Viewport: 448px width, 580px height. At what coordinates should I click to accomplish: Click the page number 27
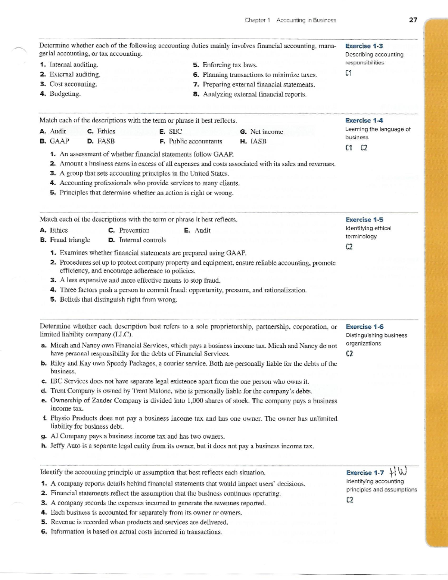tap(413, 20)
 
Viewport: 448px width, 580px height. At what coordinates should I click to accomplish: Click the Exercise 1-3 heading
tap(364, 46)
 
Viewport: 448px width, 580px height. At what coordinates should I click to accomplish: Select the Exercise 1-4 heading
tap(364, 120)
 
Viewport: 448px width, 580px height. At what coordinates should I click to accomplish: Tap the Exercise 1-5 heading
tap(364, 220)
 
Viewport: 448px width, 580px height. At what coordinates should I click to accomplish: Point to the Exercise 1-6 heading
tap(364, 327)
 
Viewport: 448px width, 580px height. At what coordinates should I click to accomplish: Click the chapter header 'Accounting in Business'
tap(306, 20)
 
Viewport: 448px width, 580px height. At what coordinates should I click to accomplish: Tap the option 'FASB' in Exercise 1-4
tap(106, 141)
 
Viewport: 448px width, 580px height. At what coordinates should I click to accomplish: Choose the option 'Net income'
tap(267, 131)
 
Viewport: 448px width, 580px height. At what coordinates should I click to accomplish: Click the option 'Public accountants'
tap(195, 141)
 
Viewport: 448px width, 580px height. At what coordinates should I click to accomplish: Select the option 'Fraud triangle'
tap(70, 240)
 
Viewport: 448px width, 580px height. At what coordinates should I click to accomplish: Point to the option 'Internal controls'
tap(142, 240)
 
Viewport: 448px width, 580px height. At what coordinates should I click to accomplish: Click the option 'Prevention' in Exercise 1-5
tap(134, 230)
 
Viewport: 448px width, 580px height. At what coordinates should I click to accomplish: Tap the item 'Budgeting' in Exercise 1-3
tap(65, 94)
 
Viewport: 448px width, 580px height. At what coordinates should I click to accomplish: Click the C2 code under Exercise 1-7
tap(349, 500)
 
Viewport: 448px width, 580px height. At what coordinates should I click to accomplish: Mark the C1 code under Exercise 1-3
tap(349, 73)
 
